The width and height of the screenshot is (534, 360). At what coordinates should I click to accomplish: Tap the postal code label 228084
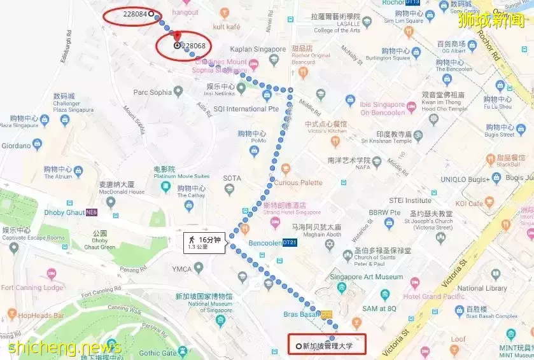click(136, 14)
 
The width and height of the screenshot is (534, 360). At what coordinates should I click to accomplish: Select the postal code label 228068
click(193, 46)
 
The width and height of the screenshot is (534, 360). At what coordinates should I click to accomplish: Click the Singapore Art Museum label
click(366, 277)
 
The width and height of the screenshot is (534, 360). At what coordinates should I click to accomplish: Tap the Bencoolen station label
click(264, 243)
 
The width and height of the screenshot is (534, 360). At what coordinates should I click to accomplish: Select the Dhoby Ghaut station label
click(65, 212)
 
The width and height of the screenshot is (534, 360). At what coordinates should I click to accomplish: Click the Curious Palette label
click(299, 183)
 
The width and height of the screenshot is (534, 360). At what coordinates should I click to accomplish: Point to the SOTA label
click(232, 178)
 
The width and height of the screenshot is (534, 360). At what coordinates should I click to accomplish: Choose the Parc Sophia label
click(152, 93)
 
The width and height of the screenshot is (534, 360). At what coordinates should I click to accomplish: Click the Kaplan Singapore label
click(258, 49)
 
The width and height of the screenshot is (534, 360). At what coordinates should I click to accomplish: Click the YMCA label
click(181, 269)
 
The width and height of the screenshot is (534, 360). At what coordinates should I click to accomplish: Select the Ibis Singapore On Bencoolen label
click(383, 109)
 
